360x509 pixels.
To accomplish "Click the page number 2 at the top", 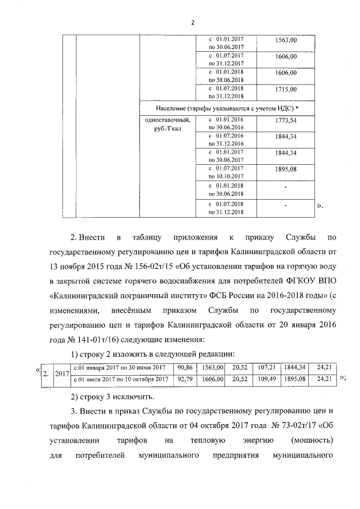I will click(192, 23).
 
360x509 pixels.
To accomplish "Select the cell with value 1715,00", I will click(286, 89).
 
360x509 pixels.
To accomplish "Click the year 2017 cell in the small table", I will click(62, 373).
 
